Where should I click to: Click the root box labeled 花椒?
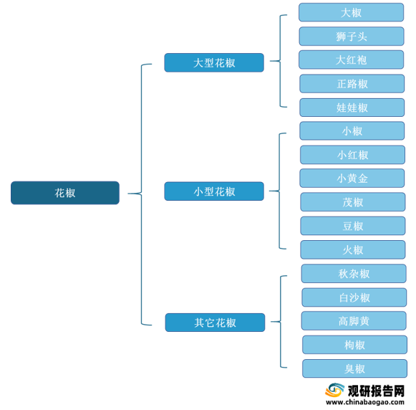(65, 193)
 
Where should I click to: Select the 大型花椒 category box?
(214, 62)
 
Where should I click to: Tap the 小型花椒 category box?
(214, 191)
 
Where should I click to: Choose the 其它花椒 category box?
(215, 323)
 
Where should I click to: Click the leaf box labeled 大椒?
(352, 12)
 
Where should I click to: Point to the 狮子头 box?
(352, 36)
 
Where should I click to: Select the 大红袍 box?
(352, 59)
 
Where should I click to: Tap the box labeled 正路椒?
(352, 84)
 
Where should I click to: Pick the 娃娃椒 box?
(352, 108)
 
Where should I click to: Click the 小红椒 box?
(352, 155)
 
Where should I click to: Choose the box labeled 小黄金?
(352, 178)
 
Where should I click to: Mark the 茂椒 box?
(353, 202)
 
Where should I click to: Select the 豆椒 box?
(353, 226)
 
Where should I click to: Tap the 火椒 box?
(353, 249)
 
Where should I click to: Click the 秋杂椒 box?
(354, 274)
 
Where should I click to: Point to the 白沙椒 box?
(354, 297)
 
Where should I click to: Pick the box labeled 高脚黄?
(354, 321)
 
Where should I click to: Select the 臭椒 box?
(354, 368)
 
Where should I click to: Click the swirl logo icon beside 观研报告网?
(334, 390)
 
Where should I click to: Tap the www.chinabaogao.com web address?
(365, 402)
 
